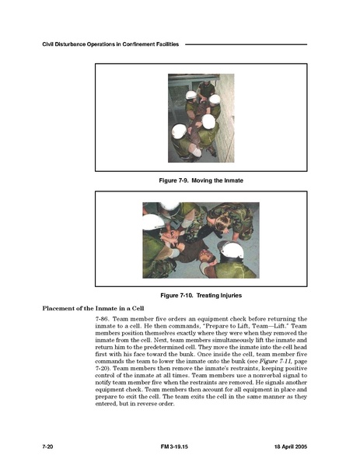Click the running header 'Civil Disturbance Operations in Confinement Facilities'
110,44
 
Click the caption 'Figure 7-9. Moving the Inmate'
201,180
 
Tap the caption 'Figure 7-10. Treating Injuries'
201,296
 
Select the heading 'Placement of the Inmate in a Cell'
93,308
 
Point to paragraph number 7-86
103,319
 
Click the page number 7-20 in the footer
47,447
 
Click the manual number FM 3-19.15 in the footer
174,447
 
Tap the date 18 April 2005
291,447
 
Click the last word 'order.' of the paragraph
166,404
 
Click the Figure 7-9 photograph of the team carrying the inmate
201,118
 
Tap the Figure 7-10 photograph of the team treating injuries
201,240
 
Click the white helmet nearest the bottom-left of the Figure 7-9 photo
179,131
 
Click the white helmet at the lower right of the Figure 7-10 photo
232,250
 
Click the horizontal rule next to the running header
246,44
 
